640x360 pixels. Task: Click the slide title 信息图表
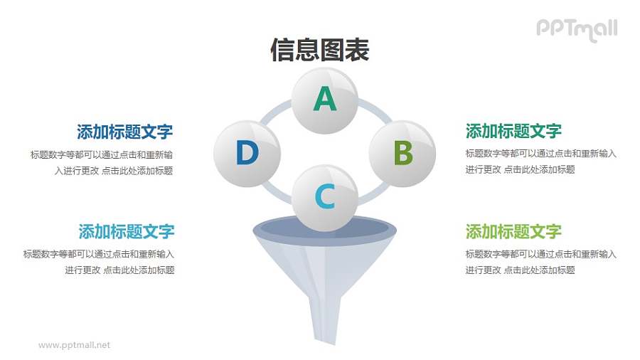[x=320, y=51]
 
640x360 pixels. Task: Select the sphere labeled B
[x=402, y=154]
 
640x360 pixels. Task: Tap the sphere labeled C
[x=325, y=197]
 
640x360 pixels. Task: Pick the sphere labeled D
[x=247, y=154]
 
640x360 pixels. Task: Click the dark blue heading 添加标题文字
[x=124, y=132]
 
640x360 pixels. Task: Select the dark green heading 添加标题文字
[x=513, y=131]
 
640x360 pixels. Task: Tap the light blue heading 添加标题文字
[x=126, y=232]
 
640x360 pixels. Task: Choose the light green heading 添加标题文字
[x=513, y=232]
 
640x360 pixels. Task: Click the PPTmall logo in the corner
[x=577, y=29]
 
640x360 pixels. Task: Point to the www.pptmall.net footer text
[x=75, y=345]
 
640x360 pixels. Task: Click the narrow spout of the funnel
[x=325, y=320]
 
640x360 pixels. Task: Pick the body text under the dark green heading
[x=540, y=162]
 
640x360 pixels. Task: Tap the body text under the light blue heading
[x=99, y=262]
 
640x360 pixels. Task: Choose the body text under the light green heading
[x=540, y=262]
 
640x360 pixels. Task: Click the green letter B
[x=403, y=154]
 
